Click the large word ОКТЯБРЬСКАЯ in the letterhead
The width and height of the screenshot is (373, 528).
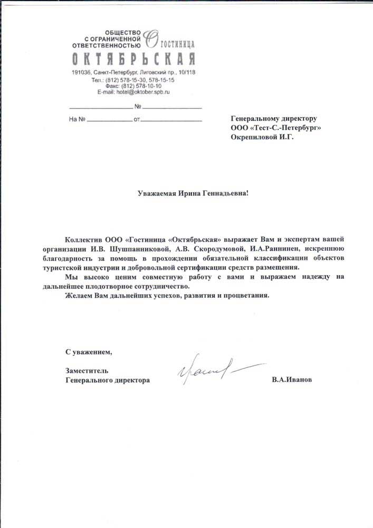(x=134, y=58)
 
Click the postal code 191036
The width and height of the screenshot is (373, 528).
(x=81, y=72)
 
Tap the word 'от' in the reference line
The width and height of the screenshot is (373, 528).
(x=137, y=120)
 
